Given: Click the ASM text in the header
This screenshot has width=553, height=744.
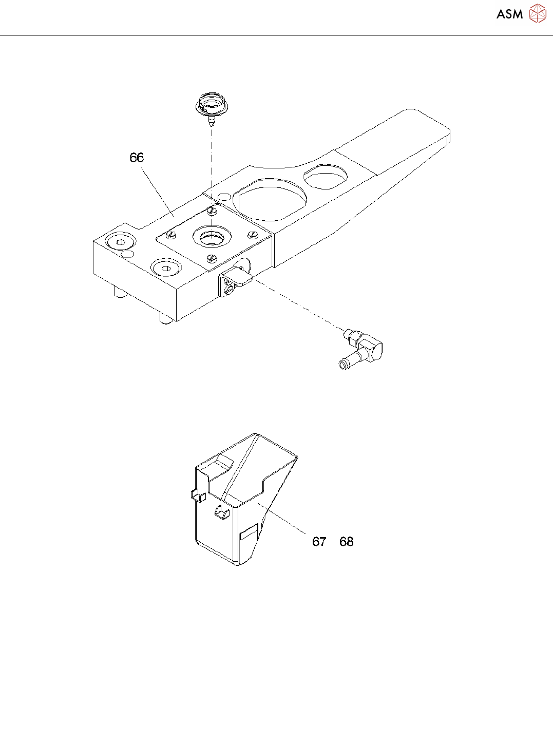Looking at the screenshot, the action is coord(509,14).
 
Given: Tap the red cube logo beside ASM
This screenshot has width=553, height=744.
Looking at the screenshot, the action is coord(537,14).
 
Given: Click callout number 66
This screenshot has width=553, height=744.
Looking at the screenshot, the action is coord(137,158).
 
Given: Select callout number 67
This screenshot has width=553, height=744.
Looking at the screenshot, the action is coord(319,542).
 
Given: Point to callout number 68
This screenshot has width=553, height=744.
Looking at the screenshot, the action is coord(347,542).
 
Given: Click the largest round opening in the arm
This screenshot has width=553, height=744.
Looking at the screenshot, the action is coord(270,199).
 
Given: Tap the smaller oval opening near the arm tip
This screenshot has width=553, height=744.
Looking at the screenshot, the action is coord(325,176).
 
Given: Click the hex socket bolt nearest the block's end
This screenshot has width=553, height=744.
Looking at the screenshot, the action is coord(120,242).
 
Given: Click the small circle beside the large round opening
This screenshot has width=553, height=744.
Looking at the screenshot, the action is coord(224,197).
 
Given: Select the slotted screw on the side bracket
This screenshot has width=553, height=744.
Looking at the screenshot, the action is coord(230,291).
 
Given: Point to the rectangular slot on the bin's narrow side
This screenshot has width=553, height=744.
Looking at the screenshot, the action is coord(249,532).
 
